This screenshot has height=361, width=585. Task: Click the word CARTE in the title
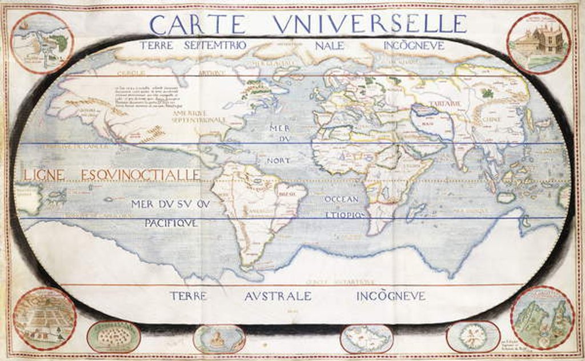198,24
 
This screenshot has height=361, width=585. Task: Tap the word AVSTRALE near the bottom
278,296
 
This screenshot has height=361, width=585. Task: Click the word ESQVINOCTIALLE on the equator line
141,174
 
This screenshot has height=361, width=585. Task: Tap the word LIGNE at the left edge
47,174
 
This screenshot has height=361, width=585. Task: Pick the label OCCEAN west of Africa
341,199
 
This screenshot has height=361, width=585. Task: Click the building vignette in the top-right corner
538,43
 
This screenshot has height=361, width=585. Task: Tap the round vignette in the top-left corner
42,43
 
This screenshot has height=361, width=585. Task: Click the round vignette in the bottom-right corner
542,318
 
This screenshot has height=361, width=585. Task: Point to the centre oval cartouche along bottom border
219,339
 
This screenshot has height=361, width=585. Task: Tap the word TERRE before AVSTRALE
188,296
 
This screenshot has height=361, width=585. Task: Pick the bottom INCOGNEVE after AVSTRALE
391,296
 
